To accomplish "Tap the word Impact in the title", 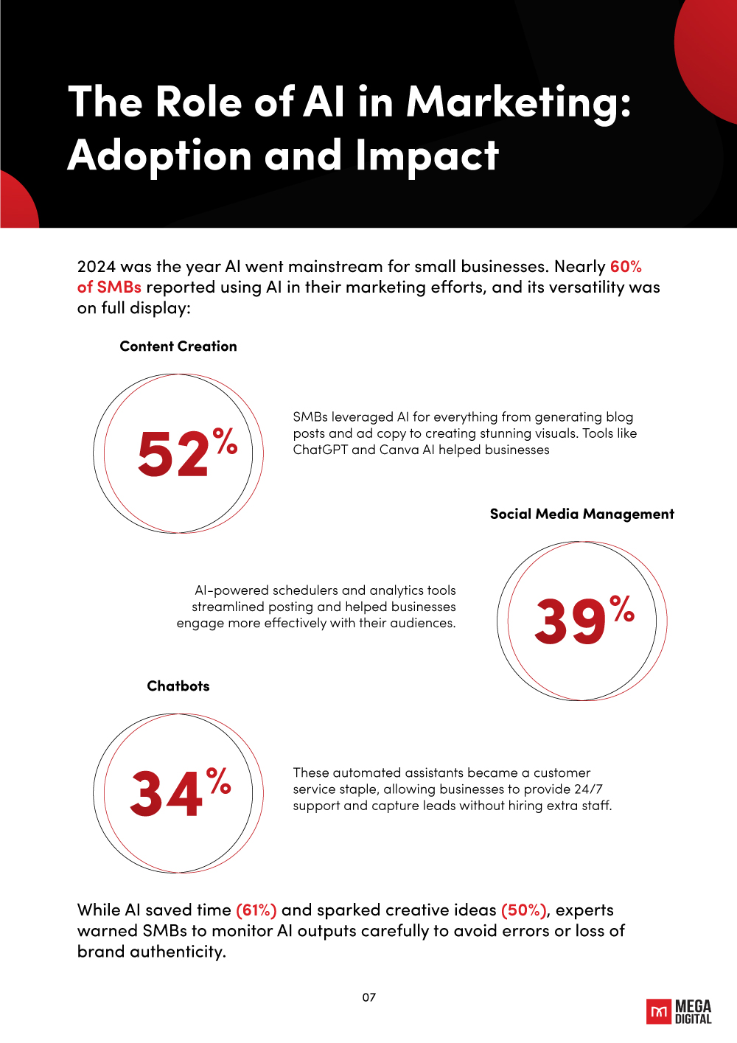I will (427, 156).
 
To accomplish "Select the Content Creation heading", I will (178, 346).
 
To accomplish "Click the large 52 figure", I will (174, 454).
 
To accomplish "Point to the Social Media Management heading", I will (581, 514).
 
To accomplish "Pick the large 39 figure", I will (570, 621).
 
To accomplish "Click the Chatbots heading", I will (178, 686).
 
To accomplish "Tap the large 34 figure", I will (167, 794).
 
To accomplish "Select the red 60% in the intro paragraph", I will (626, 267).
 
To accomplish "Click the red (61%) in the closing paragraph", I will (256, 910).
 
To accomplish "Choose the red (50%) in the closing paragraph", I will (524, 910).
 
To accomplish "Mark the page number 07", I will (369, 997).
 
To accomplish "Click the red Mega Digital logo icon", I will (659, 1011).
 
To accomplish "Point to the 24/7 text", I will (588, 789).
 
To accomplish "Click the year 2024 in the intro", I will (96, 267).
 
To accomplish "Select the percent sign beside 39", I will (623, 609).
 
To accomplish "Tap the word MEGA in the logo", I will (694, 1007).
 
